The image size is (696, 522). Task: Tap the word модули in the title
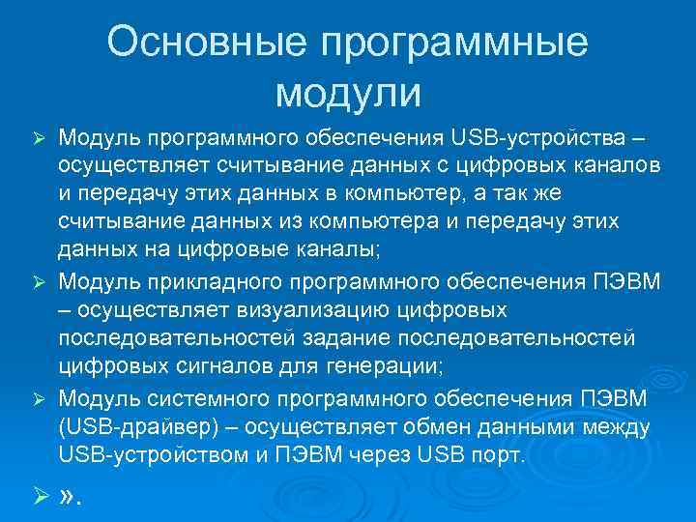coord(348,94)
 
